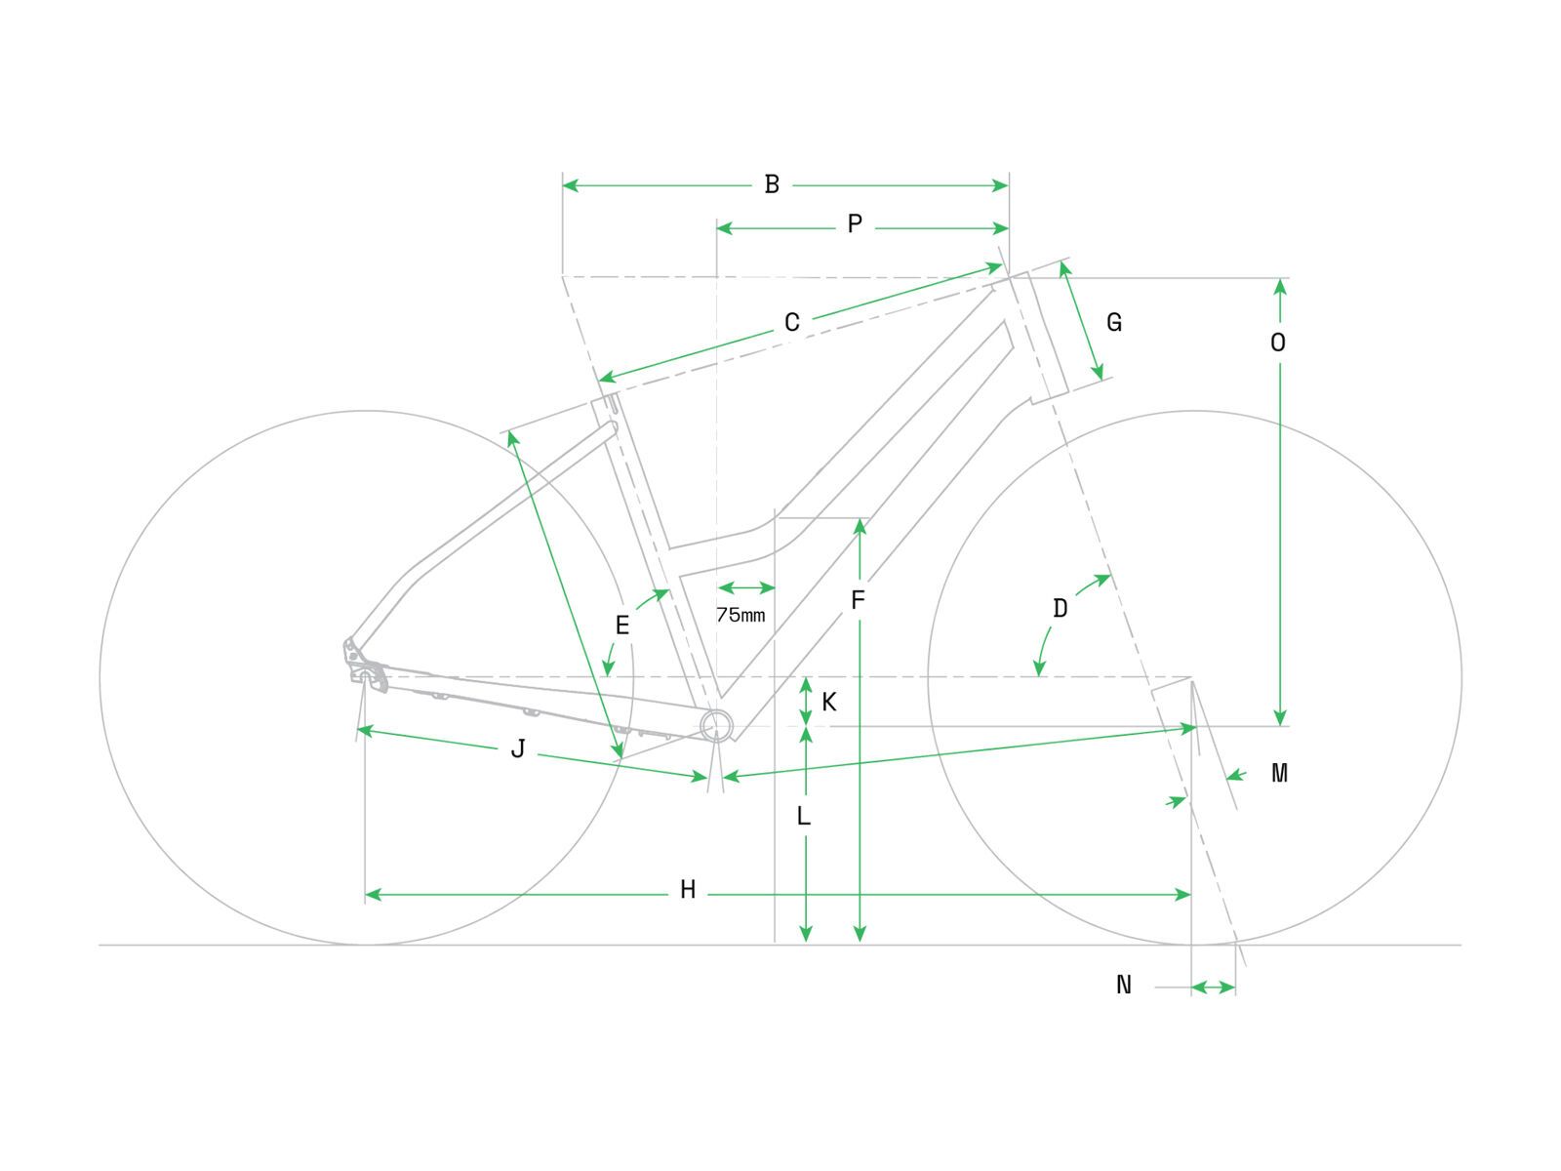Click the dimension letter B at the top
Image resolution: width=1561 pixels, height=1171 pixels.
coord(772,184)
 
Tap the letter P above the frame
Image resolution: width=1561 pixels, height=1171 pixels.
coord(855,225)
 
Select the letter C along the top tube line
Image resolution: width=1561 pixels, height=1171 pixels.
coord(792,323)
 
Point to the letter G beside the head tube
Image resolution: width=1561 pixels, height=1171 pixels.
coord(1114,322)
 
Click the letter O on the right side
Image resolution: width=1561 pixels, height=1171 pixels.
coord(1278,343)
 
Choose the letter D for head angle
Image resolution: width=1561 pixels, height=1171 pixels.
coord(1061,609)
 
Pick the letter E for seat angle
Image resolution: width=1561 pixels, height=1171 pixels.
coord(622,626)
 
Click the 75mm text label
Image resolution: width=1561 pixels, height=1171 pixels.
coord(740,616)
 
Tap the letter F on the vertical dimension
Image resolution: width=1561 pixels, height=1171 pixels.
coord(858,600)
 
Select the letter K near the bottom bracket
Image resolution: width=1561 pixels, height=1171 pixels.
coord(829,703)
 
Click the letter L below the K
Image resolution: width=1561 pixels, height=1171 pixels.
coord(804,816)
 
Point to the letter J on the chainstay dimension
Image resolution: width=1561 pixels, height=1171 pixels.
coord(519,749)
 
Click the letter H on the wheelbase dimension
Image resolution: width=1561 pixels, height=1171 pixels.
coord(688,890)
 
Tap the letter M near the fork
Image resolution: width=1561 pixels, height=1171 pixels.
coord(1279,774)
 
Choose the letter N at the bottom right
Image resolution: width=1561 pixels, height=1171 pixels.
coord(1124,986)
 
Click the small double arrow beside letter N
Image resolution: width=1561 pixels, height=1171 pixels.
coord(1214,989)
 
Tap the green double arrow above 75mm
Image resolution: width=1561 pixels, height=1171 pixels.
coord(745,587)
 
